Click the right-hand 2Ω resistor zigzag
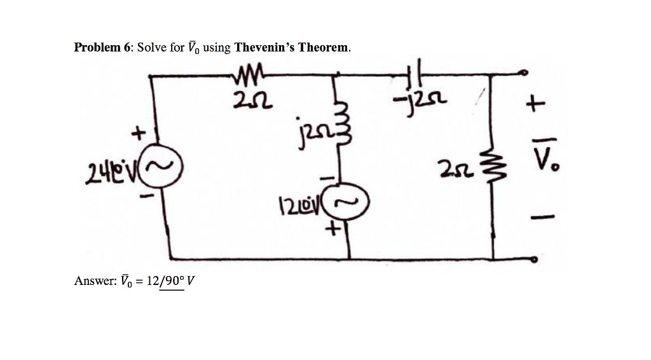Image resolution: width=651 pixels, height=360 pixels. (x=493, y=168)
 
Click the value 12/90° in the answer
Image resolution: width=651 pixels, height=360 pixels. (x=165, y=281)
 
